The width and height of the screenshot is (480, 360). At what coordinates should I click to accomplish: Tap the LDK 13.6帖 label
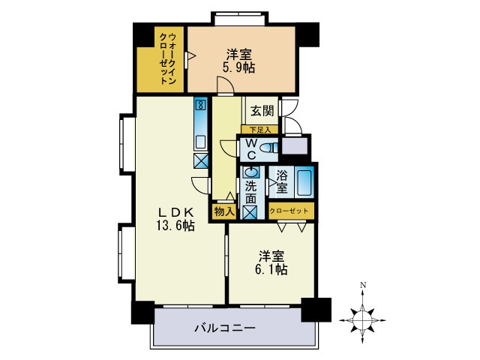point(175,217)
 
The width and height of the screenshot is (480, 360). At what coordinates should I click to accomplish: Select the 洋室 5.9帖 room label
point(238,60)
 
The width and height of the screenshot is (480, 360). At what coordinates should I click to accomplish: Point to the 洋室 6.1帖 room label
point(271,262)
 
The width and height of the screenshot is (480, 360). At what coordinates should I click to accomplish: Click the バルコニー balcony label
point(225,328)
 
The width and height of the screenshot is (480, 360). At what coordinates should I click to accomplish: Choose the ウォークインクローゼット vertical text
point(168,58)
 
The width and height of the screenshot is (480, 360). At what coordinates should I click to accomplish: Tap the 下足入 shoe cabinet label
point(259,130)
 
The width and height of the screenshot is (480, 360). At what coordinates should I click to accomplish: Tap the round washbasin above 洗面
point(250,172)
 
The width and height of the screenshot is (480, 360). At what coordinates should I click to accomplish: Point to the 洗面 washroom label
point(250,193)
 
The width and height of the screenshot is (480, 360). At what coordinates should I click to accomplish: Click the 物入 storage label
point(224,211)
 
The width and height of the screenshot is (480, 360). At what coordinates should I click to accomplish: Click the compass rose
point(363,319)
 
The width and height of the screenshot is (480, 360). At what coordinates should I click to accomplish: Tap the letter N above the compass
point(363,285)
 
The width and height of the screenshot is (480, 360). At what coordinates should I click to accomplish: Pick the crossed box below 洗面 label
point(250,212)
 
